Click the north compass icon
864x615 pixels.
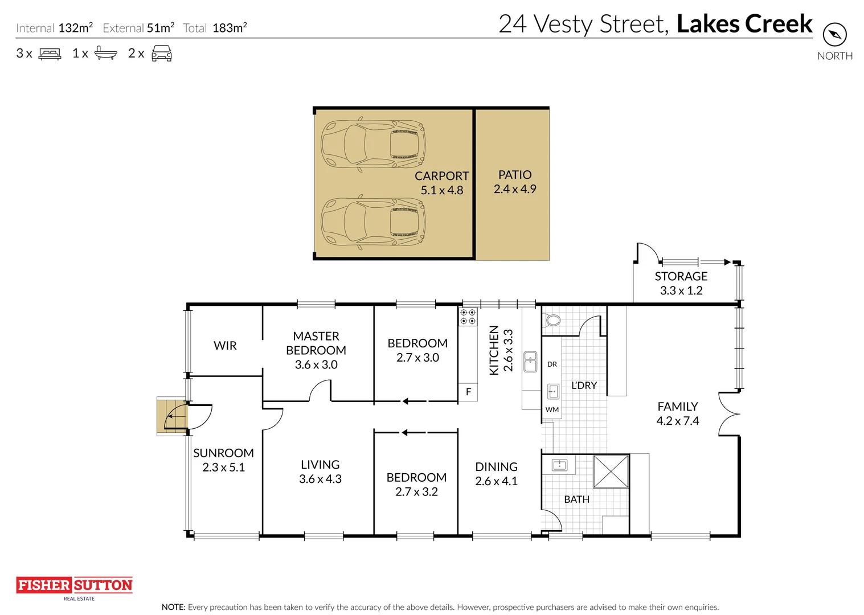point(834,35)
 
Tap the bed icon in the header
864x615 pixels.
point(50,54)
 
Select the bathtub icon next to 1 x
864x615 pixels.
point(105,53)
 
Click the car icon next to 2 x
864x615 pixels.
point(162,54)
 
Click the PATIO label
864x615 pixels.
point(515,175)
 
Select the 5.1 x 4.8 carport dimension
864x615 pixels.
point(442,190)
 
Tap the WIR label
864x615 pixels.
point(225,346)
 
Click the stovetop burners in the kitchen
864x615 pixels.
point(468,317)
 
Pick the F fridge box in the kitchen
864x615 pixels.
point(468,392)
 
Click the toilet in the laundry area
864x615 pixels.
point(552,320)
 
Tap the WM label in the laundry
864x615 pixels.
point(552,409)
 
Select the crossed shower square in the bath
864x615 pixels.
point(611,471)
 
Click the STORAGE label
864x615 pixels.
point(681,276)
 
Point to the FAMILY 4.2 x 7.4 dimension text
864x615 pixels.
point(677,421)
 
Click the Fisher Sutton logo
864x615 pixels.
point(74,585)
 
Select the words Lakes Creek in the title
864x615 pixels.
point(744,24)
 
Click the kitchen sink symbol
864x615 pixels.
point(530,362)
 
